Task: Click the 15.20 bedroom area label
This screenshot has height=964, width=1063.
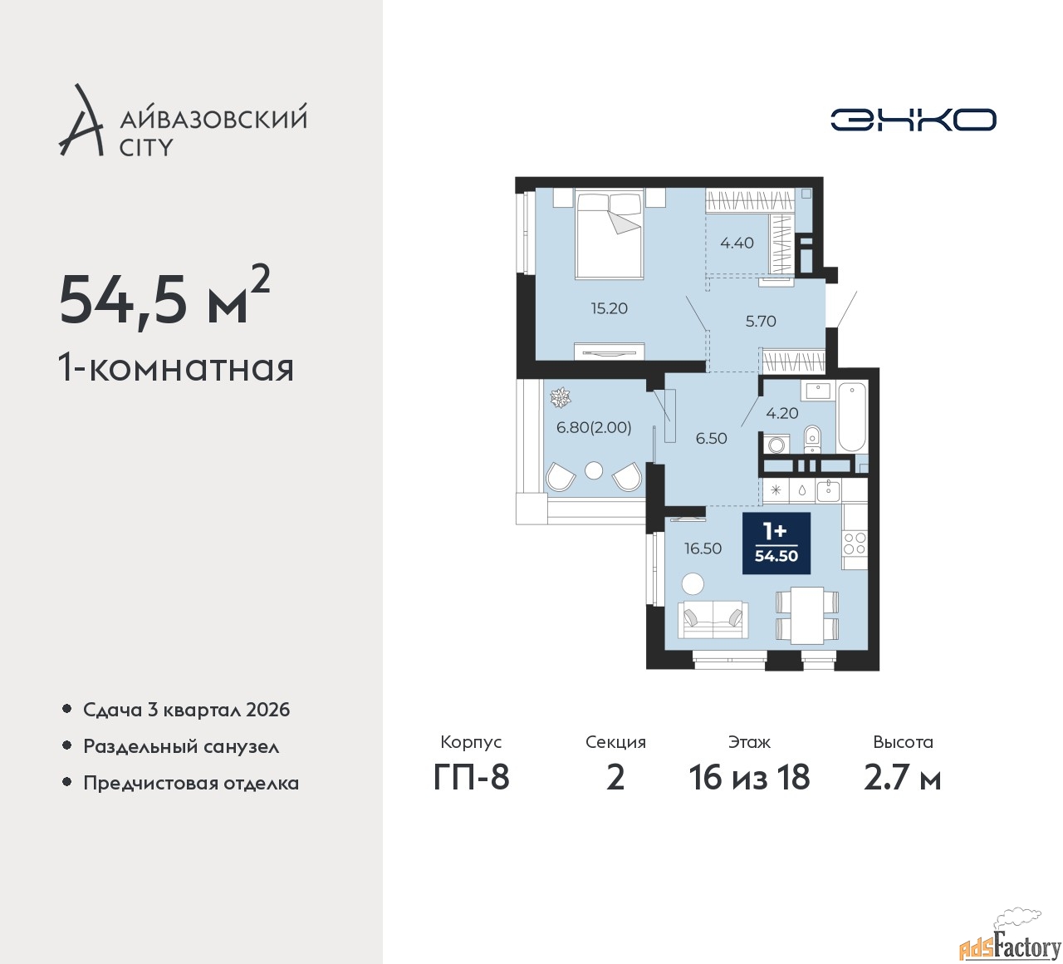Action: point(609,308)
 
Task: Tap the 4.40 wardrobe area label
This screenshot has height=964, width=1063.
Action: point(737,243)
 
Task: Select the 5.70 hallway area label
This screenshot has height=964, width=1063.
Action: point(761,321)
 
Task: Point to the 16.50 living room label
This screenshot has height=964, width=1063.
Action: point(703,548)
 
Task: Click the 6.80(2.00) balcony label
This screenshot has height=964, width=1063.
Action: point(594,427)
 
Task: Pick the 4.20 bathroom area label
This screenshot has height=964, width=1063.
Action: point(782,413)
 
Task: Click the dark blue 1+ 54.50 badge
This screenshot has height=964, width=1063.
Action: point(776,543)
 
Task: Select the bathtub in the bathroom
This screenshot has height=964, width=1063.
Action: point(852,417)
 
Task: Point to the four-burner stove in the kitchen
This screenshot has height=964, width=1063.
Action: point(855,543)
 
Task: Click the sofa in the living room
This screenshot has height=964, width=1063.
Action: point(713,620)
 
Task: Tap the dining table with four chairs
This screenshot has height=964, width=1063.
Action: point(807,615)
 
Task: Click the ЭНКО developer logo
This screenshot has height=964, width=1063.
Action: point(913,120)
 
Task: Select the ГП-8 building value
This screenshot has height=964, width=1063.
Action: point(471,778)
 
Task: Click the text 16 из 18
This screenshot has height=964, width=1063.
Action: point(749,778)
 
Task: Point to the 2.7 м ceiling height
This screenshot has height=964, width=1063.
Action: point(902,778)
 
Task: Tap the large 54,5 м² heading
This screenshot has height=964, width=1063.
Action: point(164,298)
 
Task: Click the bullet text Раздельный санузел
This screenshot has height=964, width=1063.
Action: point(181,746)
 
